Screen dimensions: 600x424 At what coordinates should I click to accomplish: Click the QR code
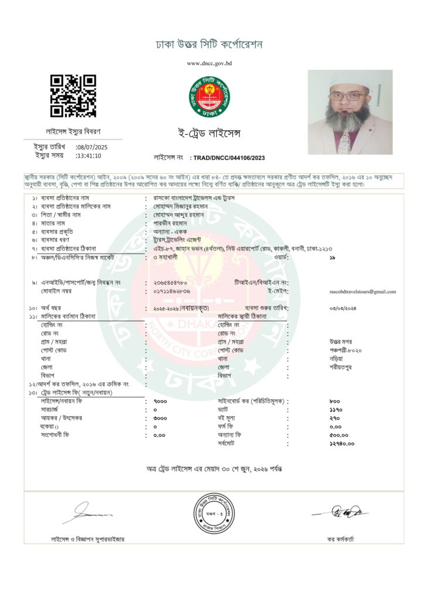point(73,96)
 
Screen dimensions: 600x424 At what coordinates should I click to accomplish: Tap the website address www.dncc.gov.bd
point(209,63)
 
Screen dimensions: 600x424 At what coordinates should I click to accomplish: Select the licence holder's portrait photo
point(350,112)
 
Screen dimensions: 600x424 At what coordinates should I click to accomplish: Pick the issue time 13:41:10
point(88,156)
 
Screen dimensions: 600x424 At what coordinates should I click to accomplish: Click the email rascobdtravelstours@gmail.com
point(363,291)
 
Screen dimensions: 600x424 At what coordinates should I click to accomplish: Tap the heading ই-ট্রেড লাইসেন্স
point(209,134)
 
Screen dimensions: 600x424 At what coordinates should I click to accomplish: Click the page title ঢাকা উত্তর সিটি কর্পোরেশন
point(209,45)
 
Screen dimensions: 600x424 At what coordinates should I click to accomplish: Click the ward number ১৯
point(332,257)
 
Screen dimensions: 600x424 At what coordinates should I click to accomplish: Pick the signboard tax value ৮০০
point(335,401)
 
